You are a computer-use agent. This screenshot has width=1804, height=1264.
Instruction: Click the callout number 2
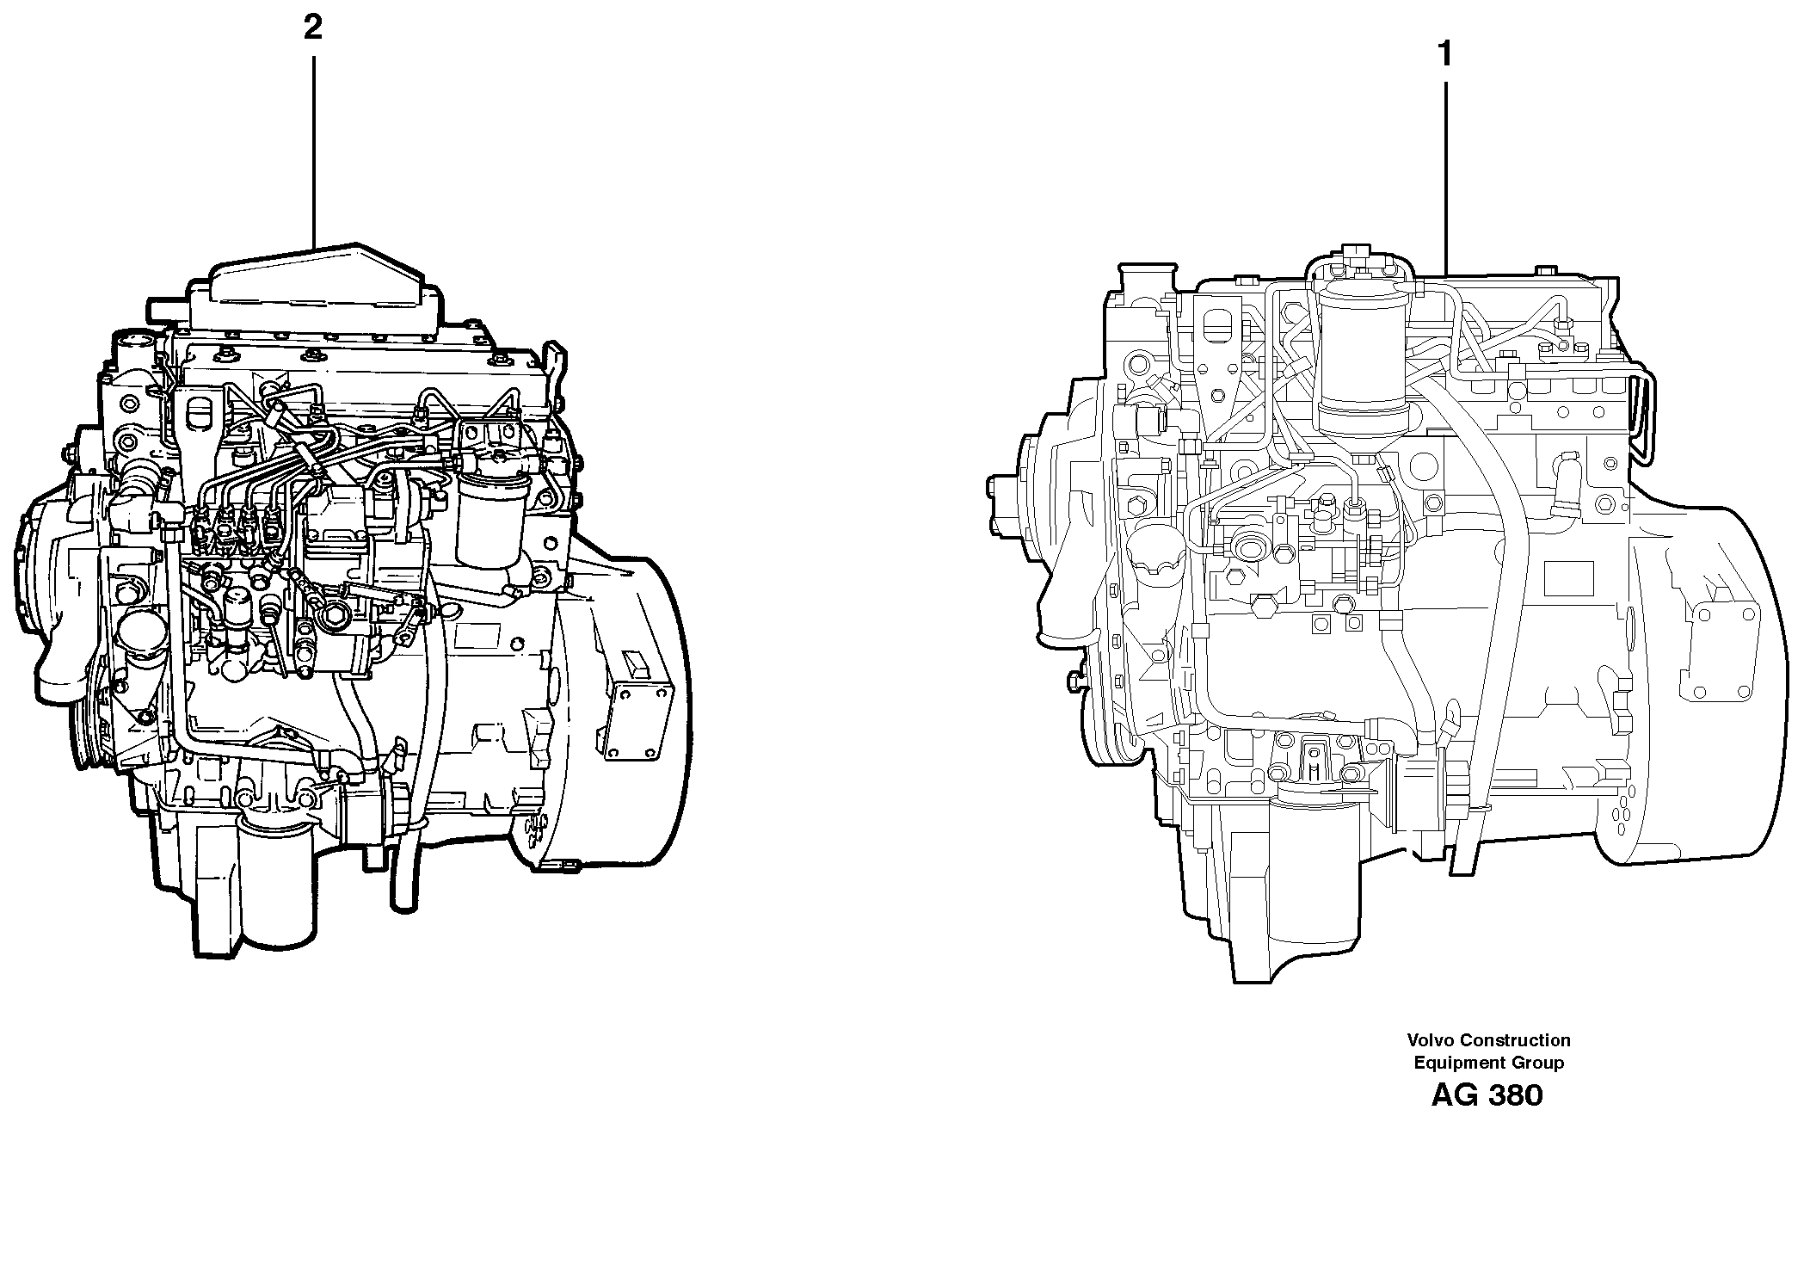point(312,28)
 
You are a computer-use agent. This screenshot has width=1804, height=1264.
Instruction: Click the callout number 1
point(1445,55)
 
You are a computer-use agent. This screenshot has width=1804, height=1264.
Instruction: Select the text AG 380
point(1487,1095)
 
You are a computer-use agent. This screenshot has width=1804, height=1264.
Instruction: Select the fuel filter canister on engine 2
point(486,521)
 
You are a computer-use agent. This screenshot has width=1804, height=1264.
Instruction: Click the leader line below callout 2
point(313,146)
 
